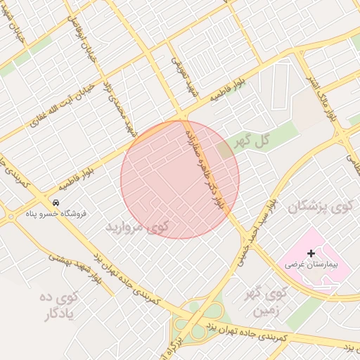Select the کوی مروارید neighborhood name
(x=137, y=226)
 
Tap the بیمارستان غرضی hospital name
(x=311, y=266)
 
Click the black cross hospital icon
(x=311, y=252)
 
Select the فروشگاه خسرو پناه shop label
(x=56, y=213)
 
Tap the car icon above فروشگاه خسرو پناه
(x=56, y=202)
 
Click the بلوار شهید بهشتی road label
(x=74, y=269)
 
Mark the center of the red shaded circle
(x=180, y=180)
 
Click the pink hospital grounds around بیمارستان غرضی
(x=330, y=253)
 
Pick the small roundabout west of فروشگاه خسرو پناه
(x=11, y=217)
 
